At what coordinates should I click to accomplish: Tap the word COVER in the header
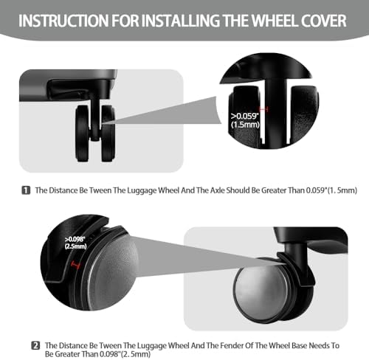point(323,21)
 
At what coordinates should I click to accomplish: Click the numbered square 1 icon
point(26,190)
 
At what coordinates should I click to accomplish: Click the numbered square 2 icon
point(35,345)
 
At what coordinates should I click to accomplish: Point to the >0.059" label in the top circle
point(245,116)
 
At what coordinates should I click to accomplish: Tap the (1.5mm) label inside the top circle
point(245,125)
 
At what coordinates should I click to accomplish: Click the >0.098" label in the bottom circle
point(75,239)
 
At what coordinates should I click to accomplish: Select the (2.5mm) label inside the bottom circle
point(75,246)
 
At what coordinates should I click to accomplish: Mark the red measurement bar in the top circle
point(264,109)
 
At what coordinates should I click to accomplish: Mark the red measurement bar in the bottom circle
point(75,265)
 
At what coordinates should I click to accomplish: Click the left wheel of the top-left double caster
point(82,134)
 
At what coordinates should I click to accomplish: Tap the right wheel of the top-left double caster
point(108,134)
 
